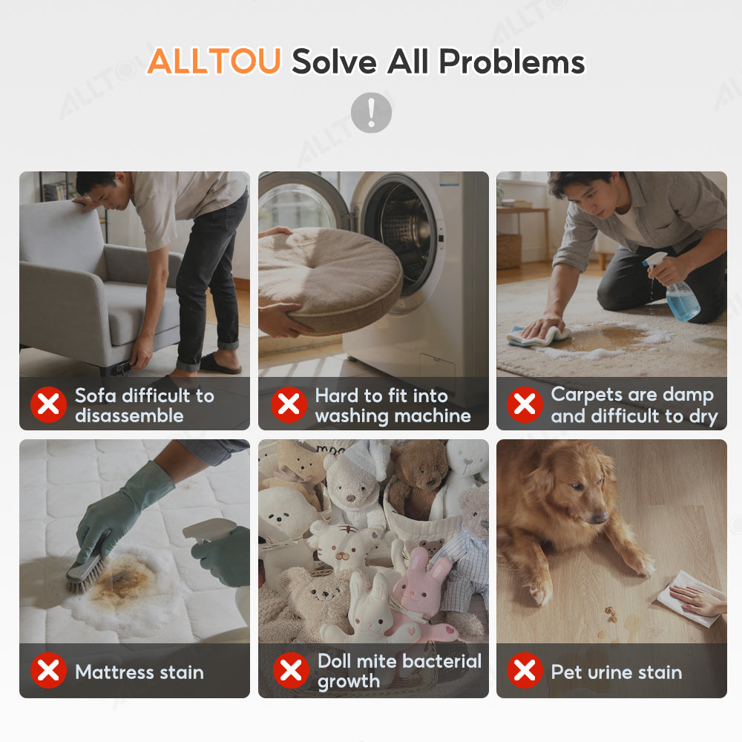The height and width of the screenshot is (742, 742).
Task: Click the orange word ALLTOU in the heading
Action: tap(214, 61)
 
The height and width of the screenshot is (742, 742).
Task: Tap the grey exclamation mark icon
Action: tap(372, 113)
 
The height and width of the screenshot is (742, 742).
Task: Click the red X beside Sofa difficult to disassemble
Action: tap(48, 404)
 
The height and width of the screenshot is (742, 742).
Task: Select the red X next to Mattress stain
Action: tap(48, 671)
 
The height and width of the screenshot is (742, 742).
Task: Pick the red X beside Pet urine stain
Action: tap(525, 671)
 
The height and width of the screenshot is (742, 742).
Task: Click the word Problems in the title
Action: tap(512, 62)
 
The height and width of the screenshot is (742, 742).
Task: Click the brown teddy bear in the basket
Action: tap(416, 478)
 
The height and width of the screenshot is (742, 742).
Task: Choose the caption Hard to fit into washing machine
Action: tap(393, 406)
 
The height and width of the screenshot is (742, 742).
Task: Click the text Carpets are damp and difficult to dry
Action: tap(634, 406)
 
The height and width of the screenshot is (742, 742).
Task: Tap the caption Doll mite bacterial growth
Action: tap(399, 671)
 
